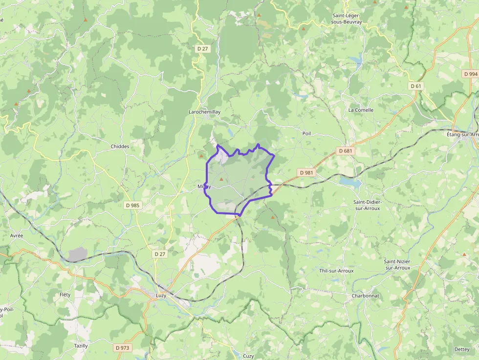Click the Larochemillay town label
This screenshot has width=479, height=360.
204,112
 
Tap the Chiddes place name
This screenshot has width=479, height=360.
120,147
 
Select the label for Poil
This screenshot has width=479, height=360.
306,133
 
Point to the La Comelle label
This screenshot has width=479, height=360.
361,110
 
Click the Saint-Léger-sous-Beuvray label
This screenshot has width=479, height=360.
347,19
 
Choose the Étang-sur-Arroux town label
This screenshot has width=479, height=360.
462,134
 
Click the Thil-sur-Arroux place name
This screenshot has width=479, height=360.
336,271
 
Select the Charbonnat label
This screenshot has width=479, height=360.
365,296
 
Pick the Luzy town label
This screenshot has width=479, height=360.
161,296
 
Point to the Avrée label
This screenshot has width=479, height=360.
17,235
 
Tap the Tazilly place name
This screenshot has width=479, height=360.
81,346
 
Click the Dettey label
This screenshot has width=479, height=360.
461,349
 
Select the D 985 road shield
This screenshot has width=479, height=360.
132,206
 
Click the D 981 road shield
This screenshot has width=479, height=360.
305,172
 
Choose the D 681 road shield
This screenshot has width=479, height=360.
345,151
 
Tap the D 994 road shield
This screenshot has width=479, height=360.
470,74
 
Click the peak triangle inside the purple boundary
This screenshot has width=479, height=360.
221,179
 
